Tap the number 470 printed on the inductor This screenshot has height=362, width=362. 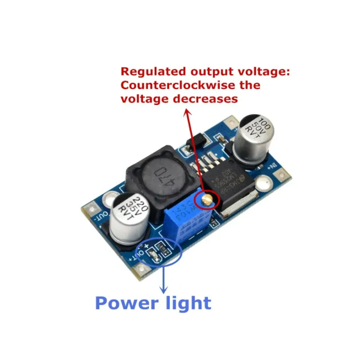[159, 174]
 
